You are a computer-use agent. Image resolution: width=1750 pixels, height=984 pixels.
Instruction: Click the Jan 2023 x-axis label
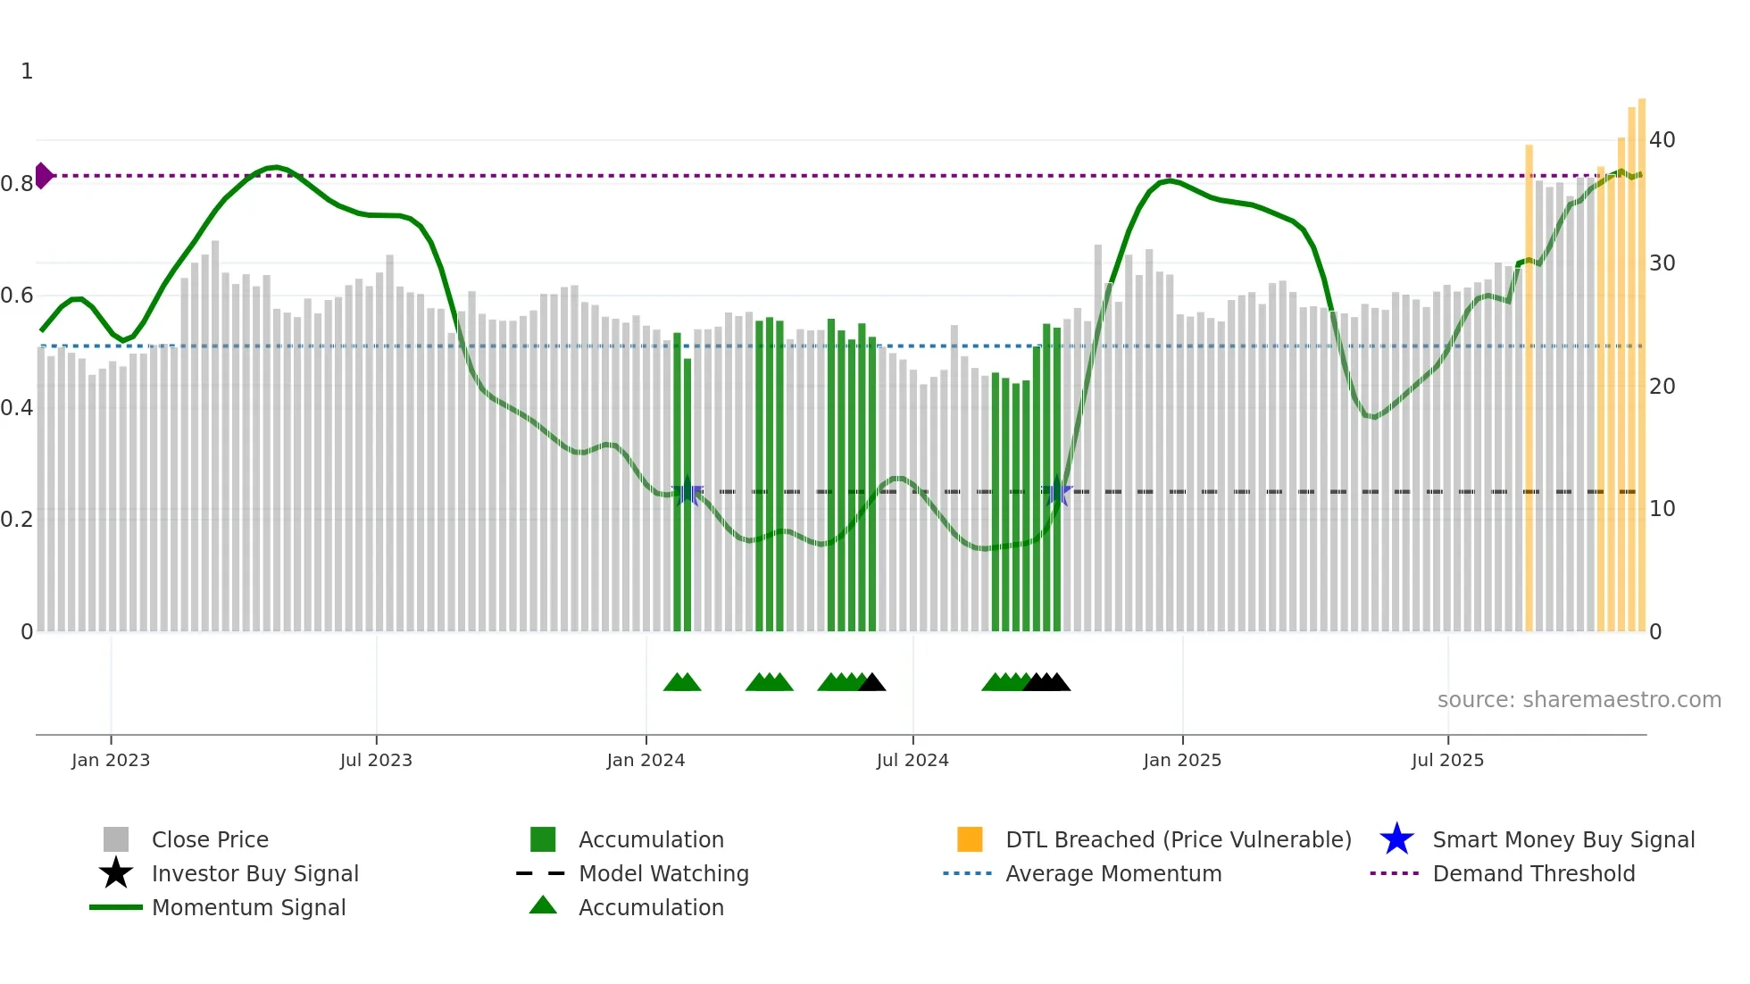tap(111, 760)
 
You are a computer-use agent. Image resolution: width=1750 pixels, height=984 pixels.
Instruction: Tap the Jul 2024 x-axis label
tap(912, 760)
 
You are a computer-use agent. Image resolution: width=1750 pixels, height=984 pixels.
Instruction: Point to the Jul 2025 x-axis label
tap(1447, 760)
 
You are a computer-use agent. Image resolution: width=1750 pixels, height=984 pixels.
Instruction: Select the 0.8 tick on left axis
tap(17, 184)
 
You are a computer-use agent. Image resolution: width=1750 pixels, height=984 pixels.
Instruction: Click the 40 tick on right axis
tap(1662, 140)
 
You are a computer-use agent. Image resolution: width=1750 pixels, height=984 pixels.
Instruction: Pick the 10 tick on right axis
tap(1662, 509)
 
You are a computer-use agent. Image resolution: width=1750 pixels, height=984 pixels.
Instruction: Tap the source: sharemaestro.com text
tap(1579, 700)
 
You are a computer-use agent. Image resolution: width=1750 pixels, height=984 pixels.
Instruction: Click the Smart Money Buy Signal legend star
tap(1396, 839)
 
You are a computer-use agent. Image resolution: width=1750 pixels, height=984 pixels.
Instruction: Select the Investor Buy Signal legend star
tap(116, 873)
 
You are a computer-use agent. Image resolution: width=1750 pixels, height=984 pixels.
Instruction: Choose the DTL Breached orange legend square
tap(970, 839)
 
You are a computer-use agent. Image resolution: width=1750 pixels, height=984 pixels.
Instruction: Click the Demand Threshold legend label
tap(1533, 873)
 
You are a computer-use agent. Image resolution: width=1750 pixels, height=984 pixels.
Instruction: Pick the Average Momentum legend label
tap(1113, 873)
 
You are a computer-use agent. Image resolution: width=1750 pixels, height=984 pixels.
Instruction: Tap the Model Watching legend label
tap(663, 873)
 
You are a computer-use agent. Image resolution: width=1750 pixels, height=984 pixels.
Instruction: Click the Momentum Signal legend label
tap(248, 907)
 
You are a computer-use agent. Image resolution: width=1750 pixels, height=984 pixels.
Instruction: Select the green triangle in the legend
tap(543, 906)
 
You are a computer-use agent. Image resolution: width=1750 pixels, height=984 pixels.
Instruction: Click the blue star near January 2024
tap(687, 492)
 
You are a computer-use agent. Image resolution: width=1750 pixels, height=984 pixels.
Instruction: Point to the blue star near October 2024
tap(1057, 492)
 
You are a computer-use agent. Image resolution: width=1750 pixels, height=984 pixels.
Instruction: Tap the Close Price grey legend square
tap(116, 839)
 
